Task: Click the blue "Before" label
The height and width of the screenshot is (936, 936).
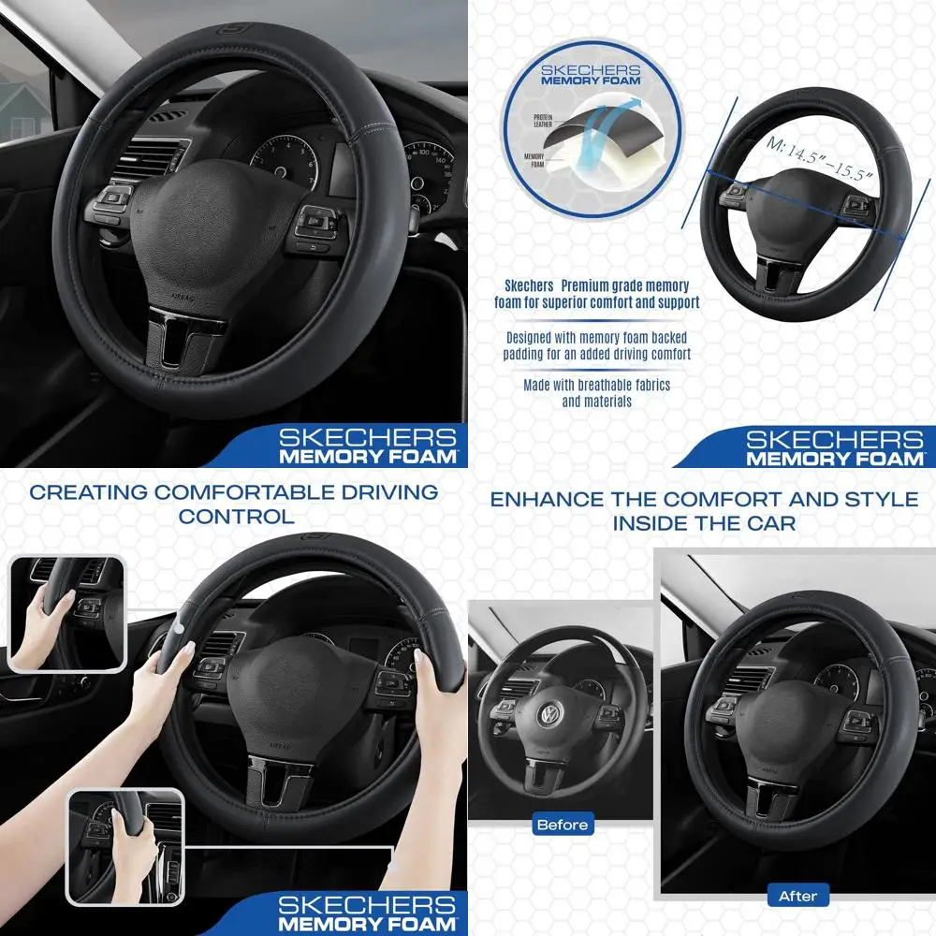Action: tap(563, 825)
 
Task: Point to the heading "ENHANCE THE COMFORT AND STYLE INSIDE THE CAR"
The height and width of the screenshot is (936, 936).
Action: tap(704, 510)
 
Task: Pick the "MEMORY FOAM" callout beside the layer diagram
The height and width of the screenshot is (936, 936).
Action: tap(534, 161)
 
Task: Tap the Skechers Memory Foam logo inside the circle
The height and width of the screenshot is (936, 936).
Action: tap(591, 75)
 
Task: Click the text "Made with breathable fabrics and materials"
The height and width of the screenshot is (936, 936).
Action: tap(596, 393)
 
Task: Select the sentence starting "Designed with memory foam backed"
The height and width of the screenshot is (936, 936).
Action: tap(596, 346)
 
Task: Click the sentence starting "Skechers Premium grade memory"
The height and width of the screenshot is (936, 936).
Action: tap(596, 294)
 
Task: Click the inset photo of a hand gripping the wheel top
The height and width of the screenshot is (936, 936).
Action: tap(66, 613)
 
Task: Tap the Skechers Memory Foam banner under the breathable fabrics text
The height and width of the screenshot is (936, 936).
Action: tap(833, 446)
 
